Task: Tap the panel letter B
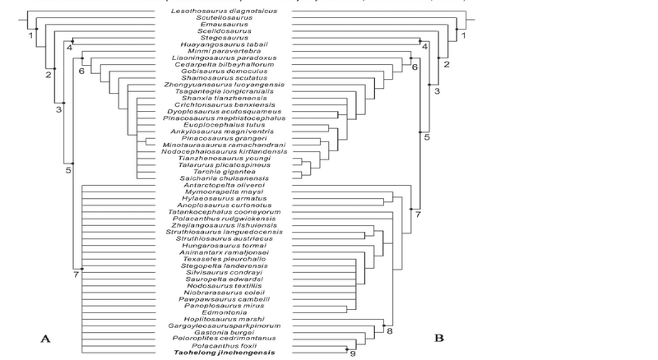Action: pos(438,337)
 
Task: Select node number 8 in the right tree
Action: pos(390,331)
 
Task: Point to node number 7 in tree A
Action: pos(76,273)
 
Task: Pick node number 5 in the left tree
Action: pos(67,170)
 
